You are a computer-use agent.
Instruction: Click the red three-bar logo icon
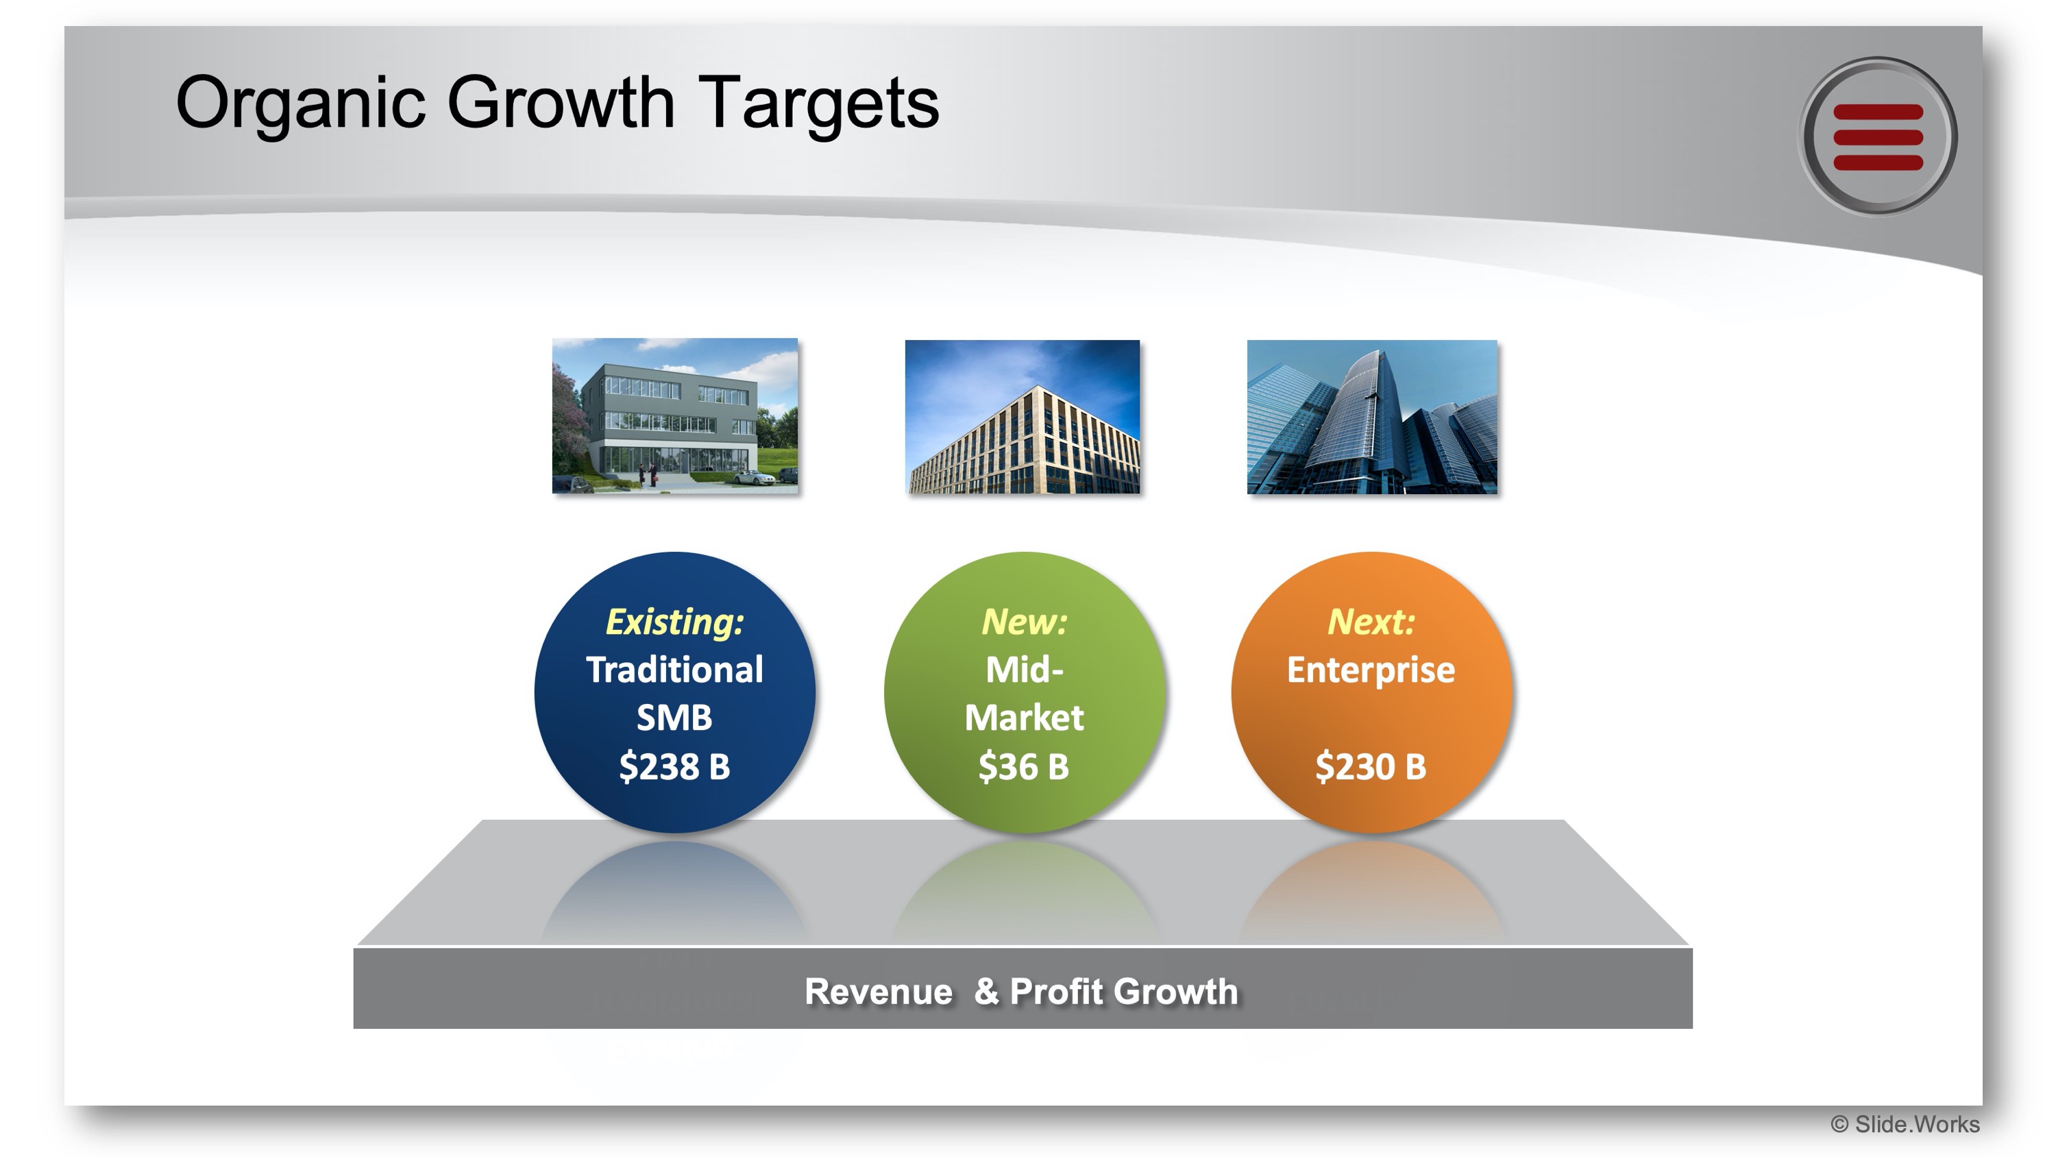coord(1877,136)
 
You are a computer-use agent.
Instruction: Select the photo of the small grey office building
coord(675,416)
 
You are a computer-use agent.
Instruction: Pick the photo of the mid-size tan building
coord(1023,417)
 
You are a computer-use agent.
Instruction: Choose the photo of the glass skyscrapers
coord(1372,417)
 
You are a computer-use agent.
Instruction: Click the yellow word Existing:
coord(675,621)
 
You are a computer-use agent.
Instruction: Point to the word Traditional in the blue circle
coord(674,669)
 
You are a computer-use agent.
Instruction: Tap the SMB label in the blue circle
coord(674,717)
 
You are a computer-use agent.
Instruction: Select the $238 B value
coord(674,766)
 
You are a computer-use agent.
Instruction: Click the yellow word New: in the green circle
coord(1024,621)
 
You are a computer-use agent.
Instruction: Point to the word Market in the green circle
coord(1024,717)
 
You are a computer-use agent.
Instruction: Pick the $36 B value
coord(1024,766)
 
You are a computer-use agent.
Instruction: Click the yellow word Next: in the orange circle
coord(1371,621)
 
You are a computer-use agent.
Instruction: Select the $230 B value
coord(1371,766)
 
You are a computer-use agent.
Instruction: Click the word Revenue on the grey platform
coord(879,992)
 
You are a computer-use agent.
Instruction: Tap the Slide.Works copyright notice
coord(1905,1124)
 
